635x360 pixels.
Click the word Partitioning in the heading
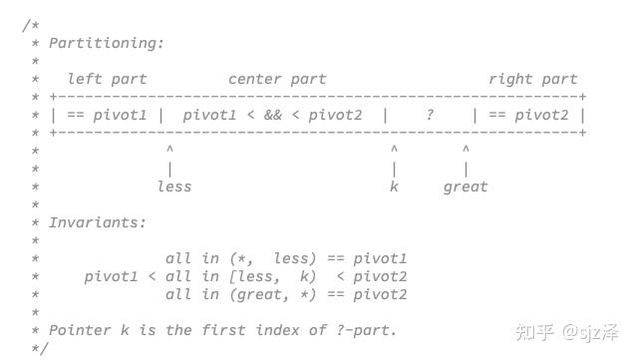pos(107,43)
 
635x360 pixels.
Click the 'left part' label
pos(107,79)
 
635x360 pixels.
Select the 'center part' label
pos(277,79)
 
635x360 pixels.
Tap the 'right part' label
pos(532,79)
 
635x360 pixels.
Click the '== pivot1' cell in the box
pos(107,115)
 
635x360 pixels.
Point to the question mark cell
pos(430,115)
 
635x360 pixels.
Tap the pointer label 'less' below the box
pos(173,186)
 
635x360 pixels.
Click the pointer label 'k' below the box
pos(395,186)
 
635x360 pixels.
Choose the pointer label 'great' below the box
pos(466,186)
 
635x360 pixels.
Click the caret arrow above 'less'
pos(170,150)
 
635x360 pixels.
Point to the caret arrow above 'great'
pos(466,150)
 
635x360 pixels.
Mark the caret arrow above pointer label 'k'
pos(395,150)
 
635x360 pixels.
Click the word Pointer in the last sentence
pos(80,330)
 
